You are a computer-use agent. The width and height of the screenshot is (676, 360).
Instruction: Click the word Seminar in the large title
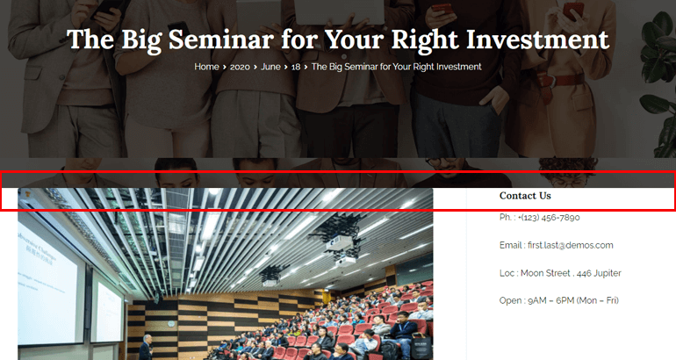coord(220,40)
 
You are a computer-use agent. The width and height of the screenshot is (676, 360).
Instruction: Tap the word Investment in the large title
coord(537,40)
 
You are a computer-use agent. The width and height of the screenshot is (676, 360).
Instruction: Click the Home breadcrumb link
coord(206,67)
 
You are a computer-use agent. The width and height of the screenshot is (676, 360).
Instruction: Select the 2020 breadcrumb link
coord(240,67)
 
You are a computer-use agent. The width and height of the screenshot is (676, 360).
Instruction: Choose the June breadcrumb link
coord(270,67)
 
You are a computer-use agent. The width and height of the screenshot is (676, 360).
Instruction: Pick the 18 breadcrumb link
coord(296,67)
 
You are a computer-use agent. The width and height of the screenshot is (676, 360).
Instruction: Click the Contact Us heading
coord(525,196)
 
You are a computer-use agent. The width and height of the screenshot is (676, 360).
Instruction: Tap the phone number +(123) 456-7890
coord(549,217)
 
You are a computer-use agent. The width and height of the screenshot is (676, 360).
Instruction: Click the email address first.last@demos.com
coord(571,245)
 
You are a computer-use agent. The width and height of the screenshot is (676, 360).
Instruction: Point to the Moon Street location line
coord(560,273)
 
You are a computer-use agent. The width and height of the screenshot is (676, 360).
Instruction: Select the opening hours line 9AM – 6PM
coord(558,300)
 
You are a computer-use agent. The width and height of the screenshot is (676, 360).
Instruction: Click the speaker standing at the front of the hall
coord(146,348)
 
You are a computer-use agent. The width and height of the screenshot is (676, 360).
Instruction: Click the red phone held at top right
coord(572,11)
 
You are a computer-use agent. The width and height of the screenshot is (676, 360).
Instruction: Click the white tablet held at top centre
coord(340,11)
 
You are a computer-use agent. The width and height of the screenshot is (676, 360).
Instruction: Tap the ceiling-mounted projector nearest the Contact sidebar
coord(341,246)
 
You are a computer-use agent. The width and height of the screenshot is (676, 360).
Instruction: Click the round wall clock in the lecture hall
coord(171,324)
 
